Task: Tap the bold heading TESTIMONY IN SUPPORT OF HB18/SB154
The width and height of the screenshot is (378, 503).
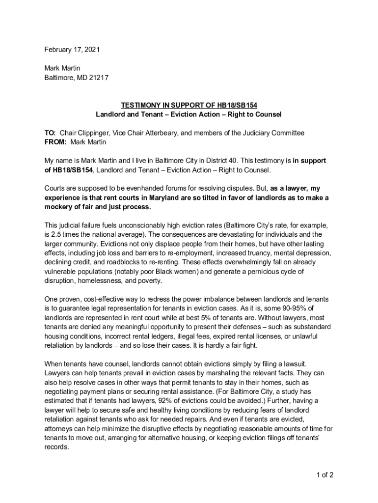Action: pos(189,106)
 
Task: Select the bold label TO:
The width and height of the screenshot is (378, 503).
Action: pos(51,133)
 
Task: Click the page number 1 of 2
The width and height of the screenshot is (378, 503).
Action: pos(325,475)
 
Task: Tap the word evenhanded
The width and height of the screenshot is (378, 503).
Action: pos(152,188)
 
